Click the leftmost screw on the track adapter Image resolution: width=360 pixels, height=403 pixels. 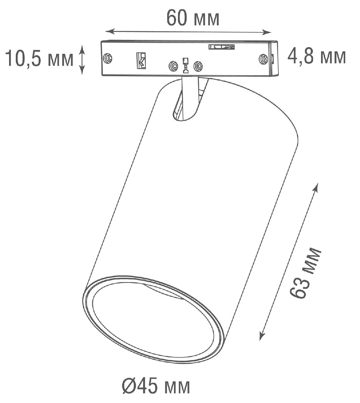108,58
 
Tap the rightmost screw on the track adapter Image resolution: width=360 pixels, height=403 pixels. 263,59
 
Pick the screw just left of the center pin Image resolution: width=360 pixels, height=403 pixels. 173,66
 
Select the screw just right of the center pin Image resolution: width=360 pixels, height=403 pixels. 198,66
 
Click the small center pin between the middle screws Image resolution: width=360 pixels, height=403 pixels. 185,65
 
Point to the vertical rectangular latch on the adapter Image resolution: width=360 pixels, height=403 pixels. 141,60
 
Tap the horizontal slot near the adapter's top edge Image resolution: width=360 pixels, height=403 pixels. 221,47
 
